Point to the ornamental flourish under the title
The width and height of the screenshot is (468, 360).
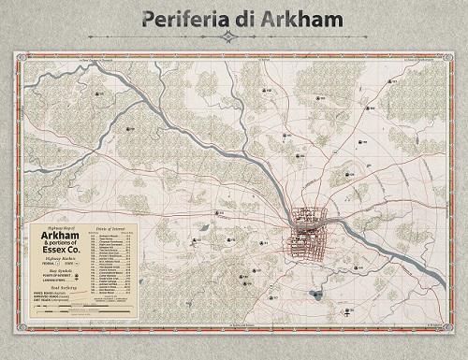[234, 37]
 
